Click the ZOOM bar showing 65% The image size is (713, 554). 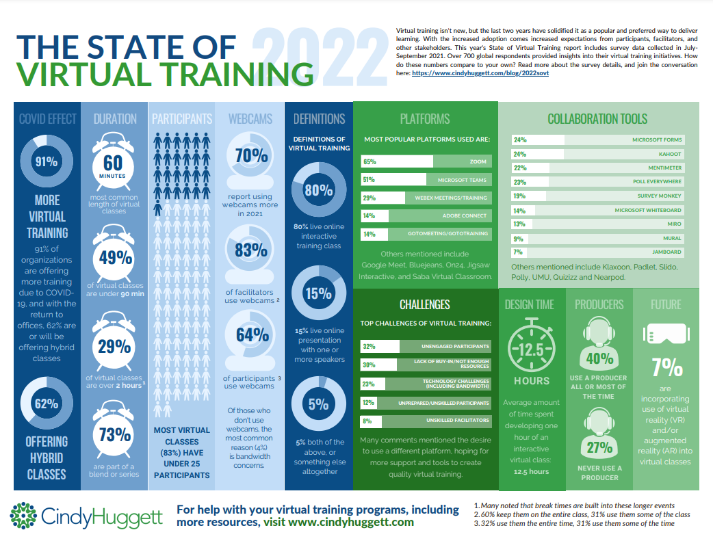pyautogui.click(x=424, y=161)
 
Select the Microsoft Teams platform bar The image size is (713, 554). pyautogui.click(x=424, y=180)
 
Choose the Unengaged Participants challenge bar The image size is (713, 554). pyautogui.click(x=424, y=346)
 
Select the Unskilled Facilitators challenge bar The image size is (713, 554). pyautogui.click(x=424, y=421)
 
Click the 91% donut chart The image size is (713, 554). pyautogui.click(x=47, y=162)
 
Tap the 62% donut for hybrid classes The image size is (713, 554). pyautogui.click(x=47, y=404)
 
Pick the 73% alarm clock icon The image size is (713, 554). pyautogui.click(x=114, y=433)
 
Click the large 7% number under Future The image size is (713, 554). pyautogui.click(x=666, y=369)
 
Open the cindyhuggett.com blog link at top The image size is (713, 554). pyautogui.click(x=480, y=72)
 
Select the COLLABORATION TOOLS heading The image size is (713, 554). pyautogui.click(x=597, y=119)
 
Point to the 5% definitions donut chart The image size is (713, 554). pyautogui.click(x=318, y=404)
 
